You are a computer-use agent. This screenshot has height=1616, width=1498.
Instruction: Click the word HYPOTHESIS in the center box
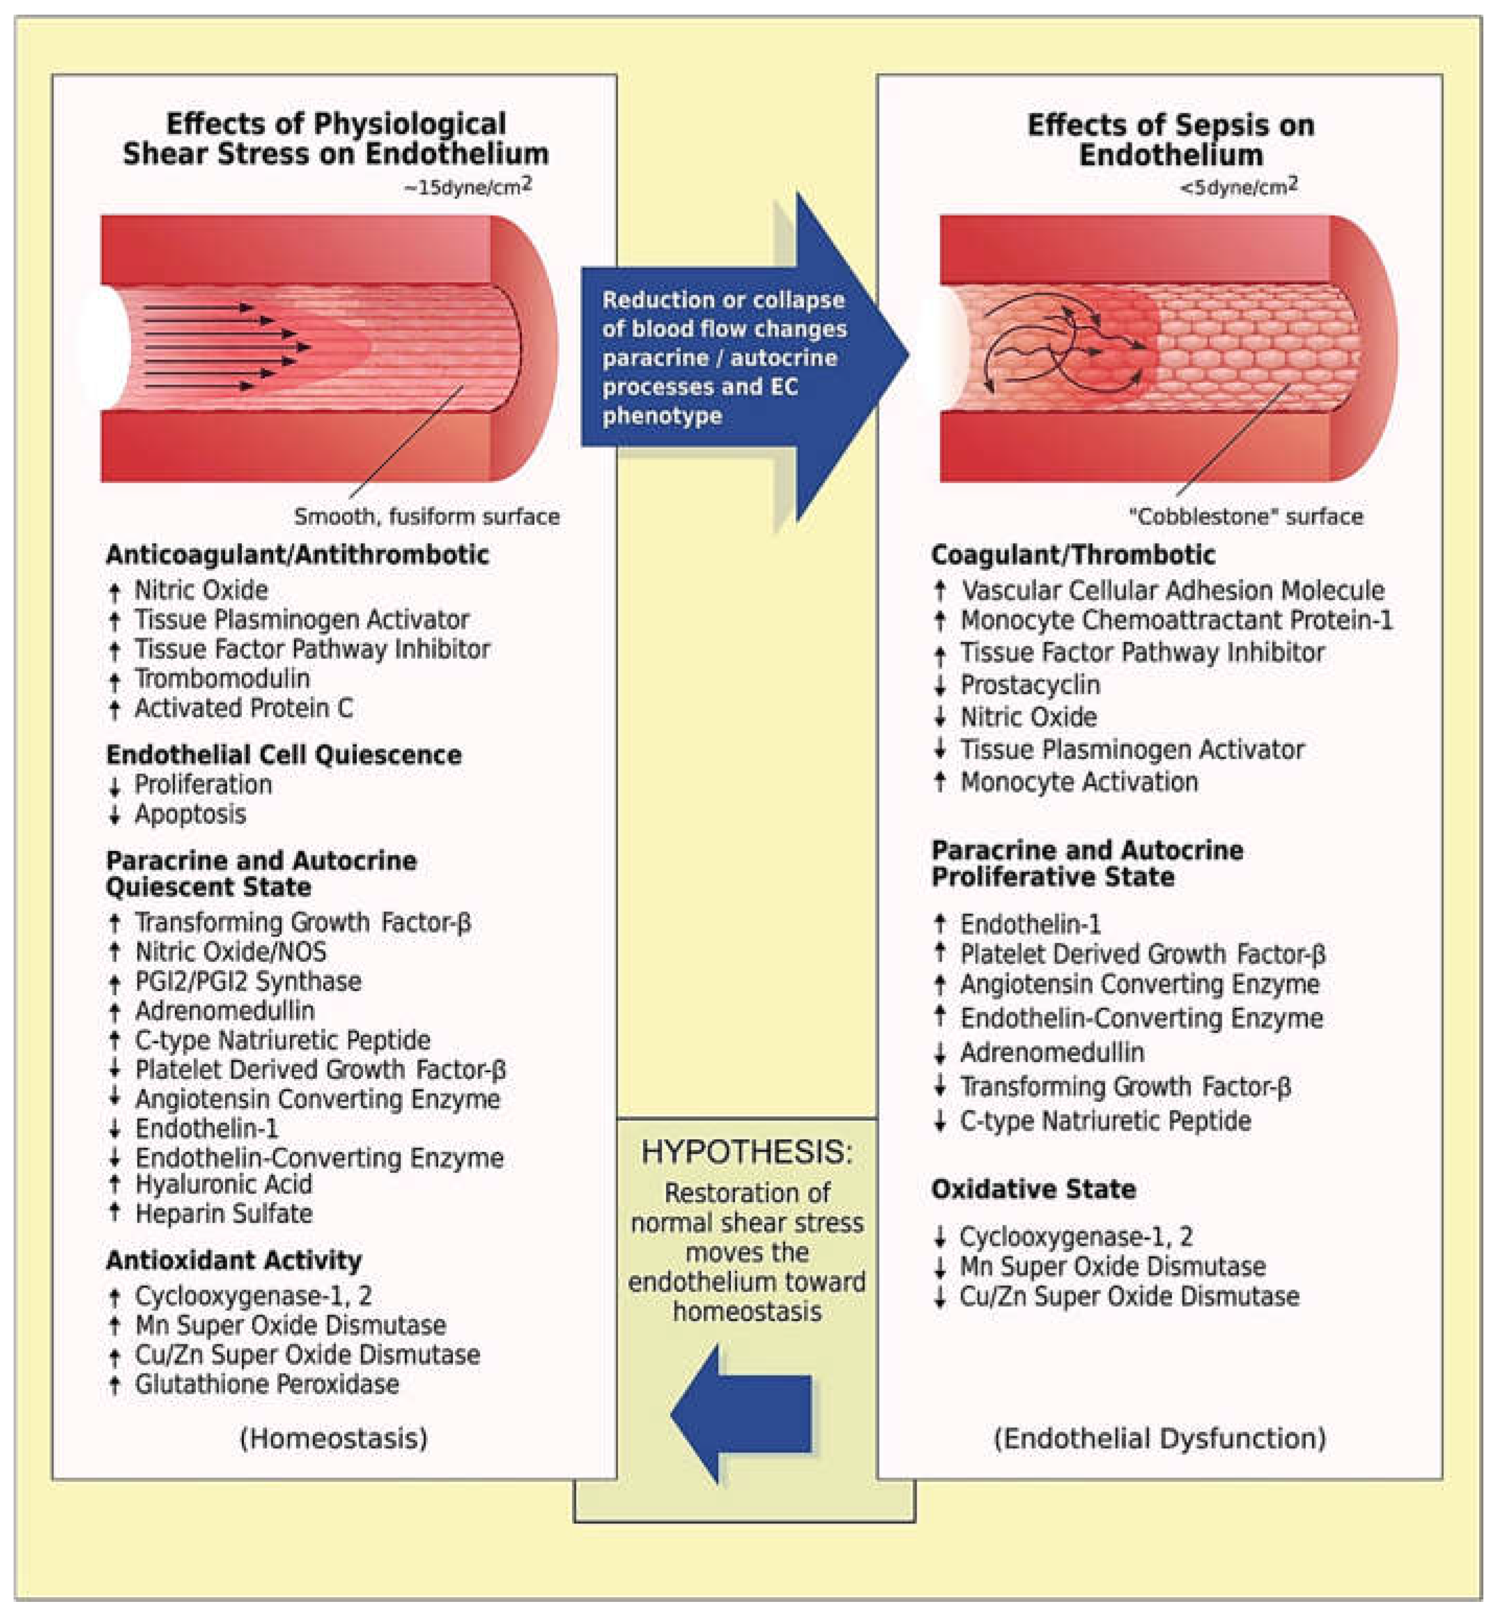click(746, 1152)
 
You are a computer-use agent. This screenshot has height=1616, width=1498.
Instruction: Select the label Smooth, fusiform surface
click(426, 517)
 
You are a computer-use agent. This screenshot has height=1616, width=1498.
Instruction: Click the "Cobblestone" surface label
click(1246, 517)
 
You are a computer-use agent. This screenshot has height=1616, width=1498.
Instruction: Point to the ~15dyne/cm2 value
click(467, 187)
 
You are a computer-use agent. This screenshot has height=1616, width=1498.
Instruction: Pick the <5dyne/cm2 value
click(1238, 187)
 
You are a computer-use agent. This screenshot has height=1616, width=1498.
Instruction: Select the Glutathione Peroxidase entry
click(267, 1384)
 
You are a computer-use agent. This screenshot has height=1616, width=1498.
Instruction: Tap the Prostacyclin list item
click(1029, 684)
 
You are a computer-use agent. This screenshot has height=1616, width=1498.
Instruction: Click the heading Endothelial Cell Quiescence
click(284, 755)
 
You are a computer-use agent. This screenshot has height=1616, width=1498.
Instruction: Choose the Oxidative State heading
click(1034, 1190)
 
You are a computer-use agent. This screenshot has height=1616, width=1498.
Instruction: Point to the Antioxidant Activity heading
click(233, 1260)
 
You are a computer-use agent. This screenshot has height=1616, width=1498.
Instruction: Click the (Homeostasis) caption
click(334, 1438)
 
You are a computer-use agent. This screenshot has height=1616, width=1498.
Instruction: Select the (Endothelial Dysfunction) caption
click(1159, 1438)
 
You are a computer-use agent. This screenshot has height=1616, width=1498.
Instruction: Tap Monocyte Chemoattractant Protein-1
click(1175, 620)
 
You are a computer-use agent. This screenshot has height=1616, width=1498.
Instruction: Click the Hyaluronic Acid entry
click(223, 1184)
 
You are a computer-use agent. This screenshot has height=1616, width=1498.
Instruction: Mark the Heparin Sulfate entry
click(224, 1214)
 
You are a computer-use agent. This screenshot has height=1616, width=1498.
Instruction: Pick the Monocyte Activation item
click(1078, 782)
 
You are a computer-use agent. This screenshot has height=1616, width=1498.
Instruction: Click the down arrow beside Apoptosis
click(114, 815)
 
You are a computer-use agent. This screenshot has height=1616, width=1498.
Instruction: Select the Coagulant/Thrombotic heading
click(1072, 555)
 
